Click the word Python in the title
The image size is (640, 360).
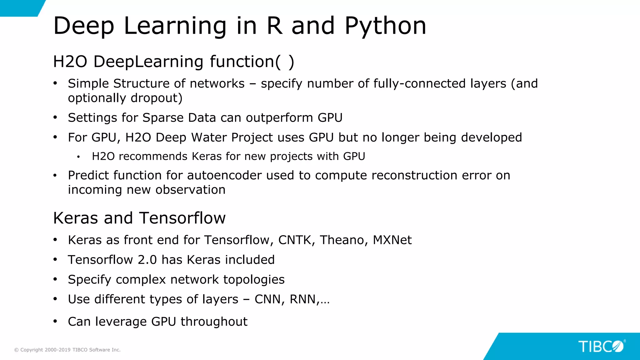[385, 26]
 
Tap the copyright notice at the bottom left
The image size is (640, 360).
[67, 350]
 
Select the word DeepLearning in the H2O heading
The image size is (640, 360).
[148, 62]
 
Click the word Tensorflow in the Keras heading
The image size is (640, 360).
[182, 218]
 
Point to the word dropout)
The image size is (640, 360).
[157, 98]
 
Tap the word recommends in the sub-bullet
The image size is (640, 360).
[153, 156]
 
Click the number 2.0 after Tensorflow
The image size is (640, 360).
[147, 260]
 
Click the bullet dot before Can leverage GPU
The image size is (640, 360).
[55, 321]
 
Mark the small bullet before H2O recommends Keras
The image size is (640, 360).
[78, 157]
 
